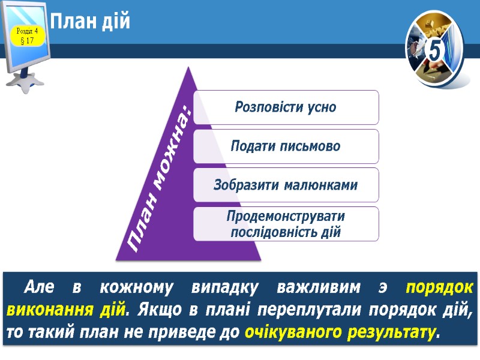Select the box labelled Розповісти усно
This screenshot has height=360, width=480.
286,107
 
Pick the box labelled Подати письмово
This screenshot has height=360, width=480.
286,146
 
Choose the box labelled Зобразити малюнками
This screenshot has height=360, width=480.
286,185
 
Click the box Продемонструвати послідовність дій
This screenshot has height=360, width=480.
286,224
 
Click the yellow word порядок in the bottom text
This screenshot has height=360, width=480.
439,289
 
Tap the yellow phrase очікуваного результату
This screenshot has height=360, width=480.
340,332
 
